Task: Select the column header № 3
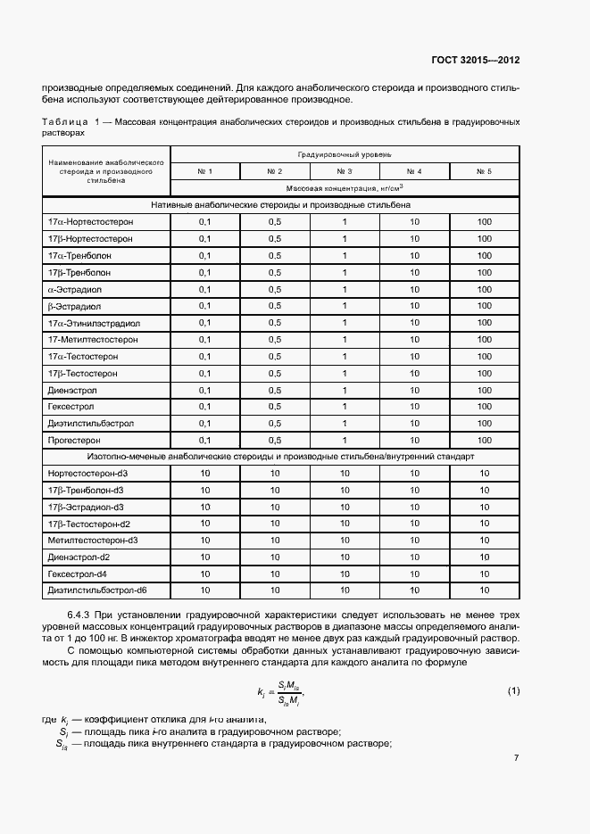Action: pyautogui.click(x=345, y=170)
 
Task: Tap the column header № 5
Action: pyautogui.click(x=484, y=170)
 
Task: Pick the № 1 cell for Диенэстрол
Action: pyautogui.click(x=204, y=390)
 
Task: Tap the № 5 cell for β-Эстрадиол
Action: pyautogui.click(x=484, y=305)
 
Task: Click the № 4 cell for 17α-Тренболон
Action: pyautogui.click(x=414, y=255)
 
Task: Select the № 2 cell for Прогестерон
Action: pyautogui.click(x=274, y=440)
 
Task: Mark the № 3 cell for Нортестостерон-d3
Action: pyautogui.click(x=345, y=473)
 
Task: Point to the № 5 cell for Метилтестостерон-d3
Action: pyautogui.click(x=484, y=541)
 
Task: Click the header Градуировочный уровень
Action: pyautogui.click(x=345, y=154)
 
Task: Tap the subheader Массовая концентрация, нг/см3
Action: pyautogui.click(x=345, y=188)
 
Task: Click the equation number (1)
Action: pyautogui.click(x=513, y=691)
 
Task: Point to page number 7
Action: pyautogui.click(x=516, y=758)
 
